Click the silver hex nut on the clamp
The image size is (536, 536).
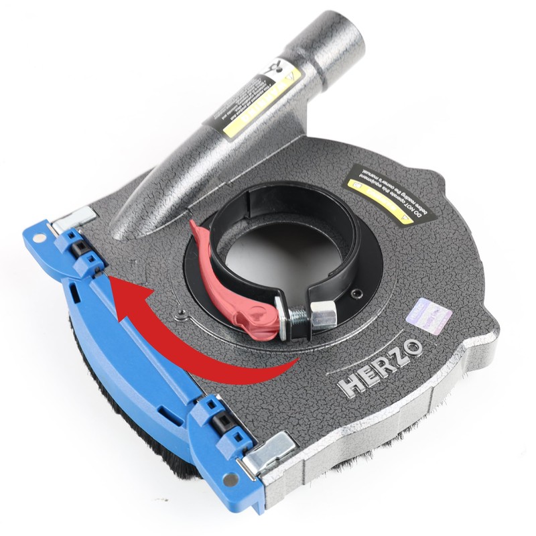point(324,313)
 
